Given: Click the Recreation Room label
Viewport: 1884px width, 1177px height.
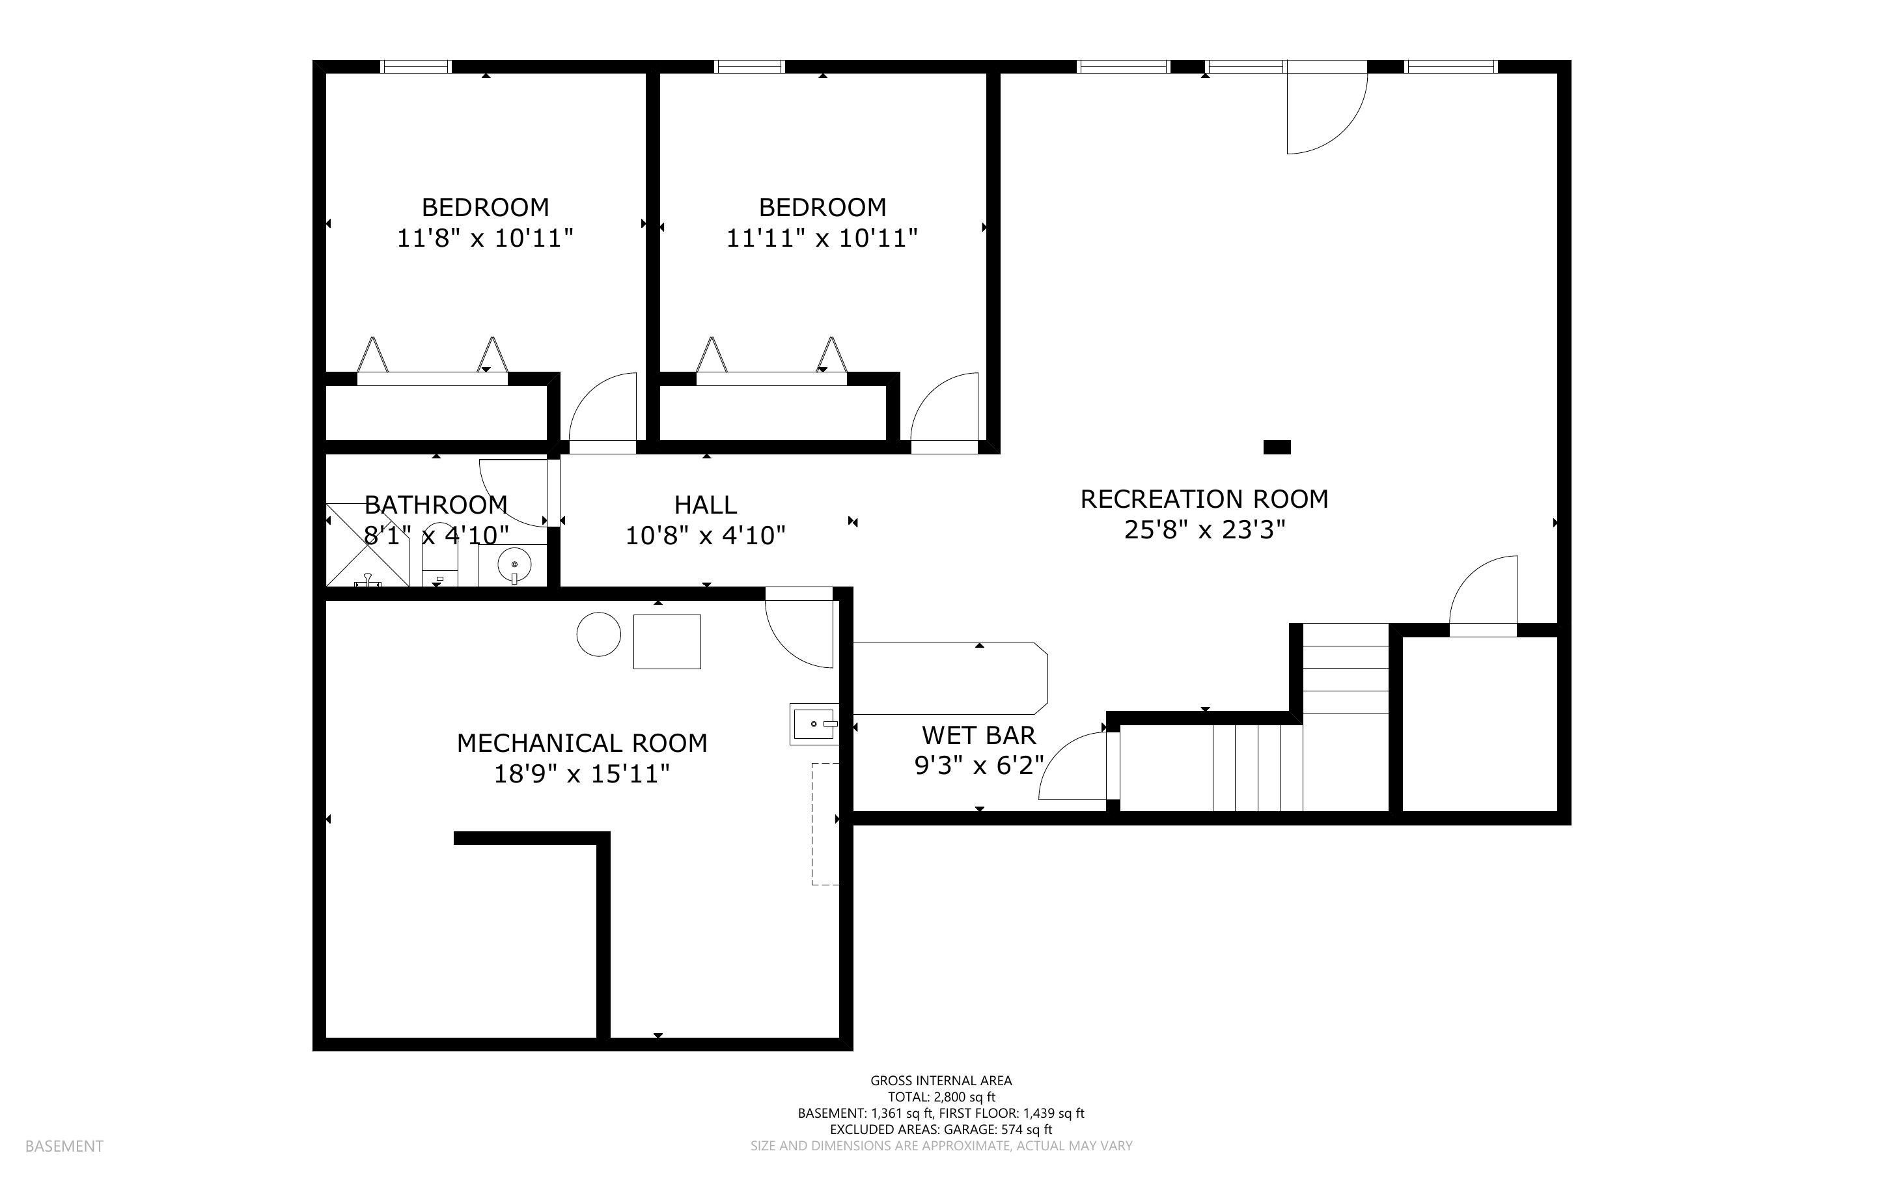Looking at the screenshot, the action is click(1204, 499).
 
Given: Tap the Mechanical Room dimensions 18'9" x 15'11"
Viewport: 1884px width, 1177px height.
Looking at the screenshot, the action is click(582, 774).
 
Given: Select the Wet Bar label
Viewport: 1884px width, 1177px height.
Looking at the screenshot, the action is click(979, 735).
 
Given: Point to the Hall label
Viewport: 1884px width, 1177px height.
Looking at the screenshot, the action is click(706, 505).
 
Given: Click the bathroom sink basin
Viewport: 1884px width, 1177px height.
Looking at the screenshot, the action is click(514, 563).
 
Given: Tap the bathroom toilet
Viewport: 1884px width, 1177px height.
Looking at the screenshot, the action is click(441, 557).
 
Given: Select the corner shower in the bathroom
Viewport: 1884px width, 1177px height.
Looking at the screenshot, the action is click(367, 545).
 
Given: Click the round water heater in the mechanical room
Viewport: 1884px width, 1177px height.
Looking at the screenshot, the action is click(598, 635).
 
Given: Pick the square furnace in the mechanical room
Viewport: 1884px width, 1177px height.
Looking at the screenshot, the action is click(667, 641).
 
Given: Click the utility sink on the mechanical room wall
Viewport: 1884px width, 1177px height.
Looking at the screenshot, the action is click(814, 724).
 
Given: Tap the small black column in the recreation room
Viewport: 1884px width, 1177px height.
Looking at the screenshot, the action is click(1277, 447).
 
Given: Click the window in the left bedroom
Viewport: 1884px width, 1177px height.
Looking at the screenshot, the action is click(415, 67).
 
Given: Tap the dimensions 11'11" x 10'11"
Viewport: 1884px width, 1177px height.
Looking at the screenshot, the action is click(822, 238).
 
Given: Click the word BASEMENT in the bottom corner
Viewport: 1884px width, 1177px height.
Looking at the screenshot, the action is click(64, 1146).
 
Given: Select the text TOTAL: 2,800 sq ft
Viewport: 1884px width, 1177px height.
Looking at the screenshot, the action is click(941, 1097).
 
